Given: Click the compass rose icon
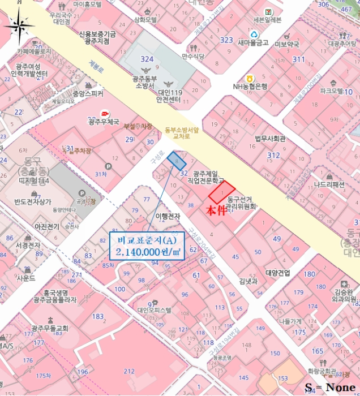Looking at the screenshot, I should (x=19, y=25).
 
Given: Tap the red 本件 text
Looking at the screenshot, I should (x=216, y=212).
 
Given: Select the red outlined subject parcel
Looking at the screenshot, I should (x=221, y=192).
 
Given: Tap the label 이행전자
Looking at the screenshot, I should (x=168, y=216).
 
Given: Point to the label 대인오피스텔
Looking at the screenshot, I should (x=154, y=309).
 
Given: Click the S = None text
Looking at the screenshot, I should (x=331, y=388).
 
